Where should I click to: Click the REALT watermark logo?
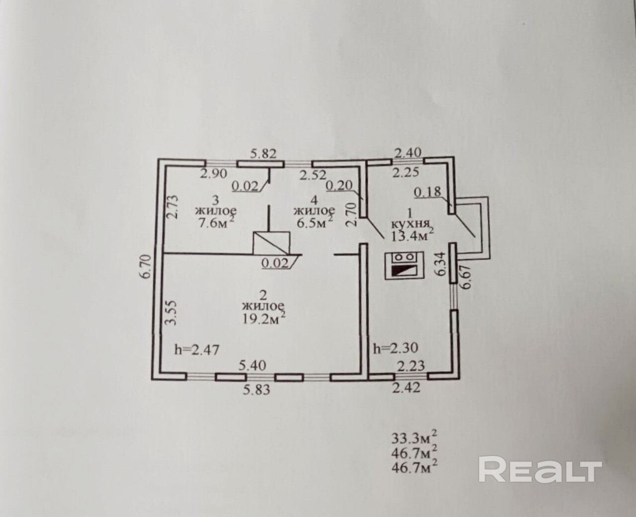point(540,470)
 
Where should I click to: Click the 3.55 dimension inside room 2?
point(170,312)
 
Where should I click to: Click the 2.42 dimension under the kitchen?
point(406,388)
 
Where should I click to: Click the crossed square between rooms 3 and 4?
point(271,242)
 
